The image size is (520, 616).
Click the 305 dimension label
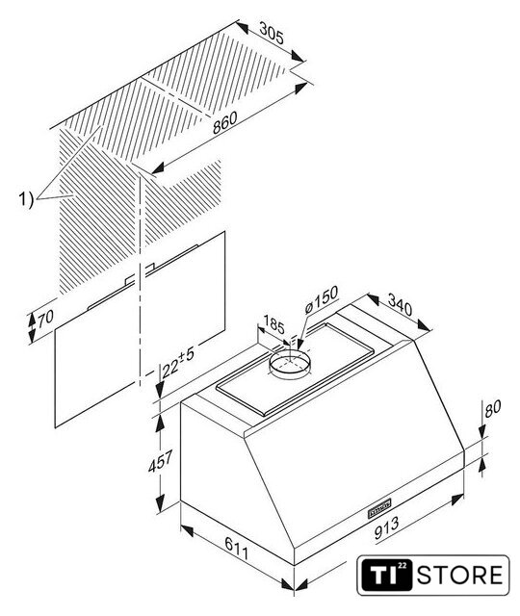click(272, 34)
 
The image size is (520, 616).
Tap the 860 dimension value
click(225, 122)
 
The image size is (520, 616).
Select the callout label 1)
click(26, 199)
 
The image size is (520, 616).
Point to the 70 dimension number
click(45, 317)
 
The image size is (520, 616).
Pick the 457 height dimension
click(161, 462)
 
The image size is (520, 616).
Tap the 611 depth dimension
click(237, 549)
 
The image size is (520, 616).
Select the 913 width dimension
click(386, 527)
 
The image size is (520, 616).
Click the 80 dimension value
click(492, 408)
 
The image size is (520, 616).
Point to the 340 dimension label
click(401, 304)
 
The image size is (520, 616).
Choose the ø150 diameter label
click(321, 299)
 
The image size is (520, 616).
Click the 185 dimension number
click(273, 324)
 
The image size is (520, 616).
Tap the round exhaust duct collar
click(289, 365)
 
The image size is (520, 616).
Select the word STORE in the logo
click(459, 575)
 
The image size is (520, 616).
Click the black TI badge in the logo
click(387, 575)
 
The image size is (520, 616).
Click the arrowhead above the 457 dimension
click(160, 423)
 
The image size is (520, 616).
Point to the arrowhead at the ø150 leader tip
click(299, 346)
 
